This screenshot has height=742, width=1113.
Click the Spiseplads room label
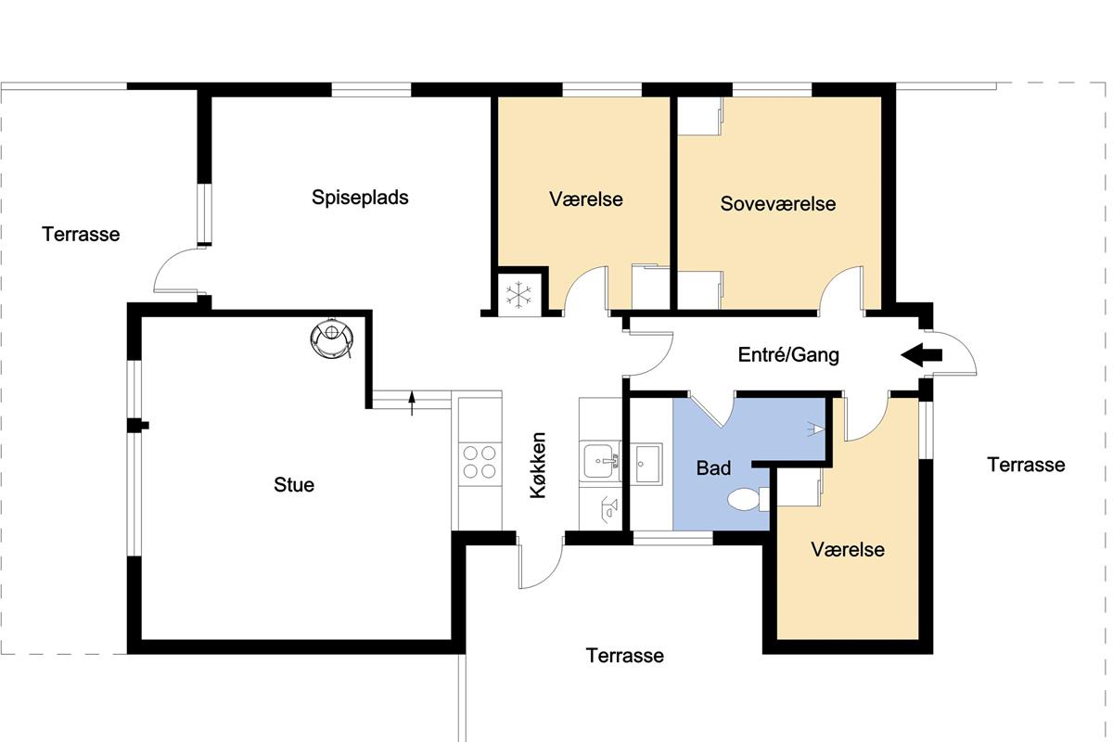tap(360, 198)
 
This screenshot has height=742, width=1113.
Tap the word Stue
tap(294, 484)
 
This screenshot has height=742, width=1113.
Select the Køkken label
tap(538, 466)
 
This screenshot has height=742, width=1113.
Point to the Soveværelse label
tap(777, 204)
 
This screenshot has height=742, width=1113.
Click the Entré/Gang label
tap(788, 355)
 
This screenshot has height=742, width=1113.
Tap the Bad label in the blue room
tap(713, 467)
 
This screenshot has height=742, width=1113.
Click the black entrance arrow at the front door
tap(921, 355)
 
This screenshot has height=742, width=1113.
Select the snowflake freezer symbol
tap(518, 295)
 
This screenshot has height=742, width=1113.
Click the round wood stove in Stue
tap(332, 338)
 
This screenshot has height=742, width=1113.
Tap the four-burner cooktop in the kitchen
tap(480, 462)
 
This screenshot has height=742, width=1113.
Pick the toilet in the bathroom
tap(748, 499)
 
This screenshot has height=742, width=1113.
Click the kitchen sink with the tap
tap(600, 461)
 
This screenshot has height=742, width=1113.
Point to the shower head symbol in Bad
tap(814, 429)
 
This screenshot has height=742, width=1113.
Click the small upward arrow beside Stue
tap(412, 403)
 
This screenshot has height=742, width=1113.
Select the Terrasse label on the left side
tap(81, 234)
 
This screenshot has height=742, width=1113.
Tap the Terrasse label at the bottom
tap(624, 656)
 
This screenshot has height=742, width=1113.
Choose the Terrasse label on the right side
tap(1026, 465)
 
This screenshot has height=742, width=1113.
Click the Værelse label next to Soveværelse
tap(586, 199)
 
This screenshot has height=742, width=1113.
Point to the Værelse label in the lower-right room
tap(848, 550)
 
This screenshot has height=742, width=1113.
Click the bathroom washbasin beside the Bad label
tap(648, 464)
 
